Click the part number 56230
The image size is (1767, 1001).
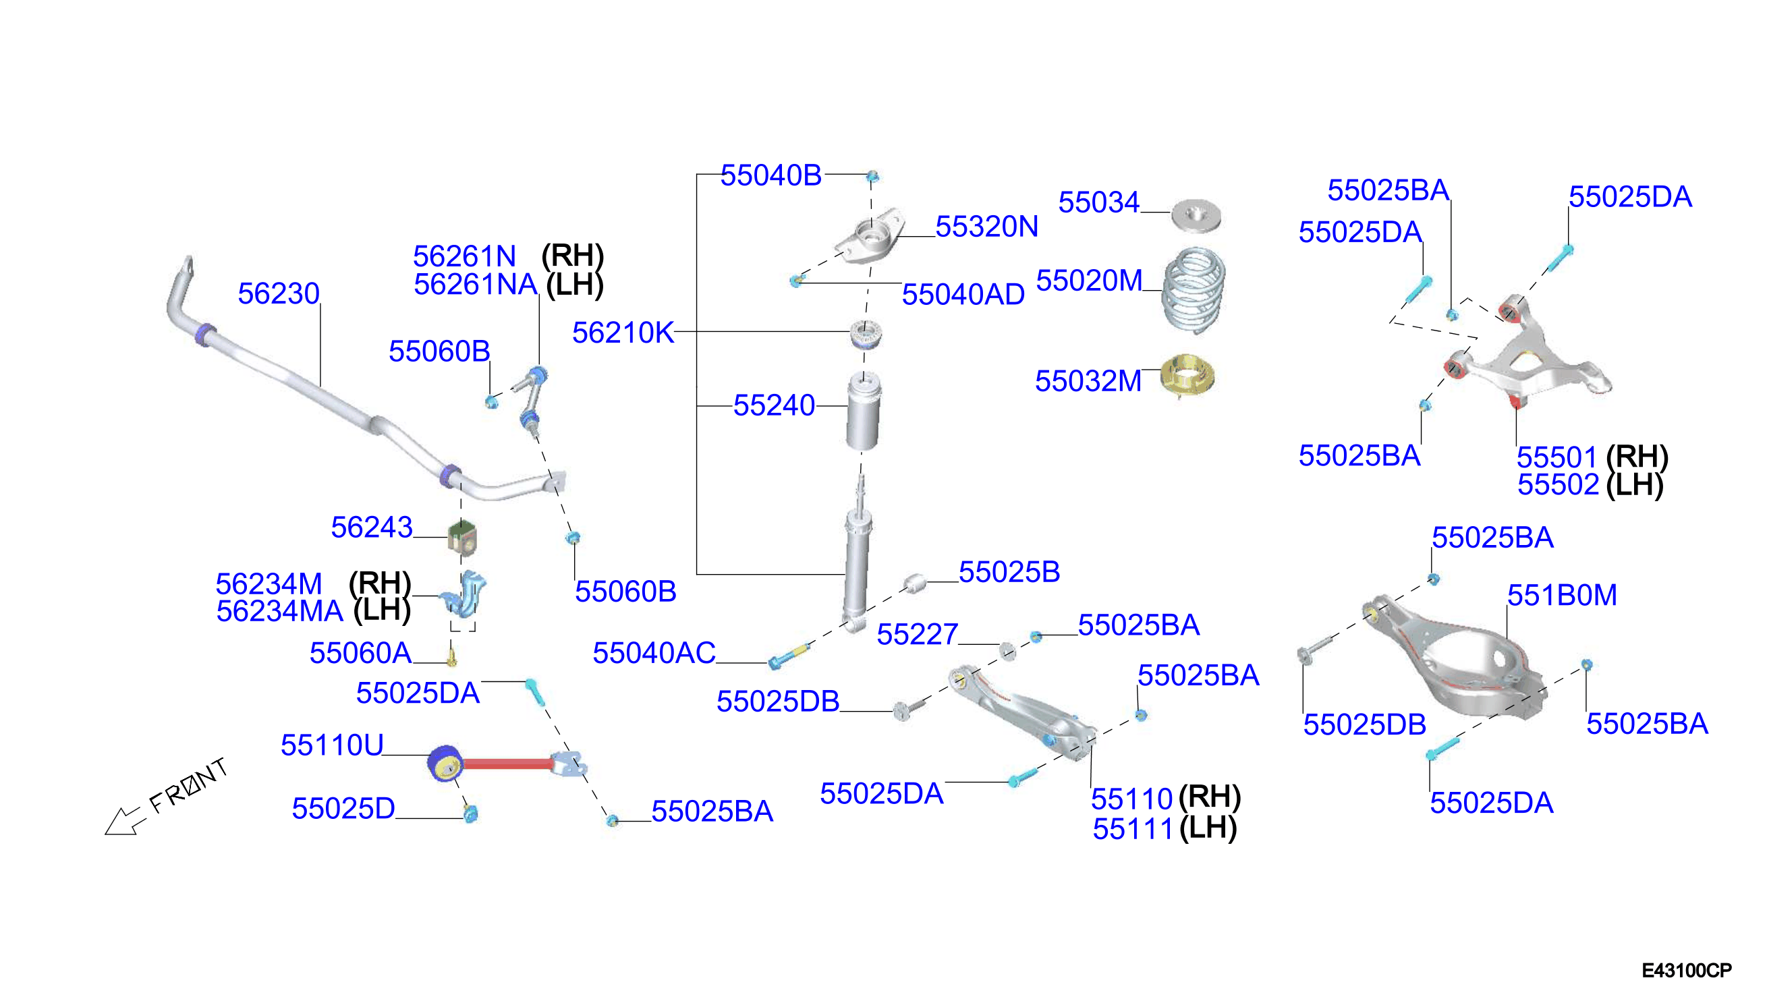coord(279,293)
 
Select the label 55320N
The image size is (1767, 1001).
coord(986,227)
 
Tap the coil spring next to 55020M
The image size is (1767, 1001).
coord(1194,289)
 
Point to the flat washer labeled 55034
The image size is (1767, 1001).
coord(1196,215)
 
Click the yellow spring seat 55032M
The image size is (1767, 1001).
coord(1187,374)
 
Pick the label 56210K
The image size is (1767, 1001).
coord(623,333)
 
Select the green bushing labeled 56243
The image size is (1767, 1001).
coord(462,538)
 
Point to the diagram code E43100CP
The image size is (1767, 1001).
coord(1687,971)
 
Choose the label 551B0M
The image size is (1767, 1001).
coord(1562,596)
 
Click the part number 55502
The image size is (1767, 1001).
coord(1559,486)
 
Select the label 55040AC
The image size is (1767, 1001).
coord(654,653)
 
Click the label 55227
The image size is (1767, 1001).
coord(917,635)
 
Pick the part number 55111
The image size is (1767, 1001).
coord(1132,829)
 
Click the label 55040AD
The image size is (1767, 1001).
coord(963,295)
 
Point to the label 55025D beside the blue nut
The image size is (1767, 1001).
coord(343,809)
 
